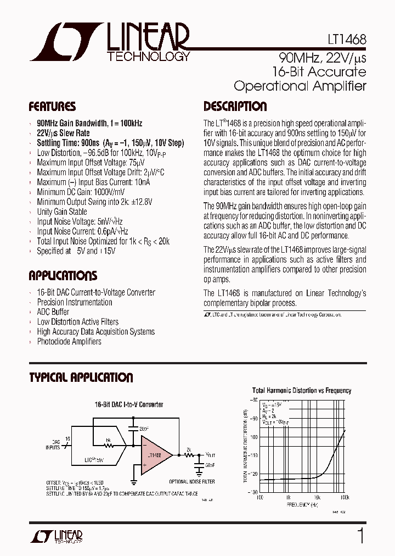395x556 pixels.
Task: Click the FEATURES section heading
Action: (52, 107)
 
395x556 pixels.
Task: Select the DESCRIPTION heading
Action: (235, 107)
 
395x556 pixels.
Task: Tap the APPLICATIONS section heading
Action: (63, 276)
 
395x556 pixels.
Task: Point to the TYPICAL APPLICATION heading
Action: (81, 378)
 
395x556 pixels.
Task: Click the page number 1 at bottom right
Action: (360, 536)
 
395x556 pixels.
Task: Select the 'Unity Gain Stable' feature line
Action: (61, 212)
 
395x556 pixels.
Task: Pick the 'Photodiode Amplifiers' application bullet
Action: (69, 341)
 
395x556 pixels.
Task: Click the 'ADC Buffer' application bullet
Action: (53, 312)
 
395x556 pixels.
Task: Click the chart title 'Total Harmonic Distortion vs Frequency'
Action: (301, 391)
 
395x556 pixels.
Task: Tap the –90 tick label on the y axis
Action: (254, 419)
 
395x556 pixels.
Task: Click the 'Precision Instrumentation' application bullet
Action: (74, 302)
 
